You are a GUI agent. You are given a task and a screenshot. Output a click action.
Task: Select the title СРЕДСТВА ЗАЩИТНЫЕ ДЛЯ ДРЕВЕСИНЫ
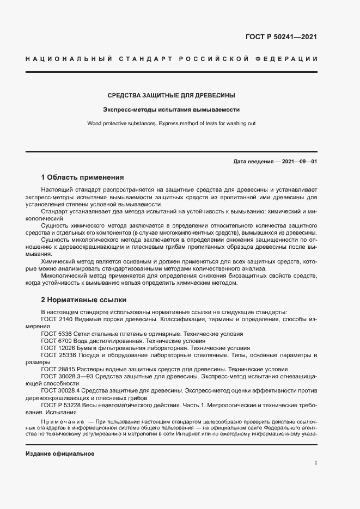(x=172, y=95)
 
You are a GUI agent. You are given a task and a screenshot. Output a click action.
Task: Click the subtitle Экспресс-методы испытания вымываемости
(x=172, y=109)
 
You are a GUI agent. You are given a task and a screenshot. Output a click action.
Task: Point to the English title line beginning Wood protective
(x=172, y=124)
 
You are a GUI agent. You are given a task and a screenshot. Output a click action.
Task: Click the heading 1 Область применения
(x=83, y=177)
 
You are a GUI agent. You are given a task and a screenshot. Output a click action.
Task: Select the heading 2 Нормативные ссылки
(x=83, y=299)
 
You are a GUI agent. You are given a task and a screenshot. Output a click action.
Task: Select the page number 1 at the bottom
(x=315, y=463)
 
